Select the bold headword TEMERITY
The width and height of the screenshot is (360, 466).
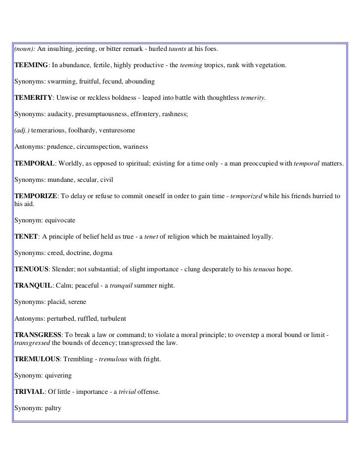pos(35,98)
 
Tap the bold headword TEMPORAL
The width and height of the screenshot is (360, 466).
pos(35,163)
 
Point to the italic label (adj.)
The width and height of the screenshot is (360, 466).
pos(22,131)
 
